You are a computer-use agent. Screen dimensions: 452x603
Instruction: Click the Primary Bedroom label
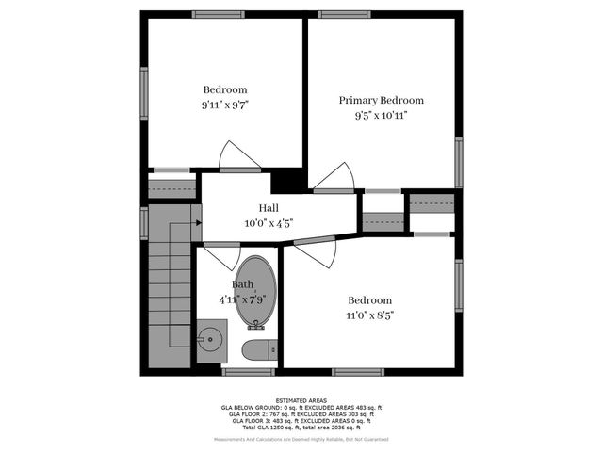(381, 100)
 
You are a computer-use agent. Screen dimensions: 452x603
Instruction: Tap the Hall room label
(269, 208)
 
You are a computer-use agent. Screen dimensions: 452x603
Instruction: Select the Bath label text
(242, 284)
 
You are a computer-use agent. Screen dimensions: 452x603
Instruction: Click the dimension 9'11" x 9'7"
(224, 106)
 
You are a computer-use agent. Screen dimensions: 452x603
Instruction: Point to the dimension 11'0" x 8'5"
(369, 315)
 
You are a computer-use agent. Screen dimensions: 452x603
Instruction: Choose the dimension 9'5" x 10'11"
(381, 116)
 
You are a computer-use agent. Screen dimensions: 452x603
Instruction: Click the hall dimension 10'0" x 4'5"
(269, 223)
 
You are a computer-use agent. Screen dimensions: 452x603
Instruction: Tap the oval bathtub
(257, 292)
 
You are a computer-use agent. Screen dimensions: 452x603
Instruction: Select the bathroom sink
(211, 335)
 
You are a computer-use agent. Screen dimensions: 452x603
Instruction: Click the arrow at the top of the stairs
(196, 223)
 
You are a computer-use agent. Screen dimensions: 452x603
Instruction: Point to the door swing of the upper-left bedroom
(238, 156)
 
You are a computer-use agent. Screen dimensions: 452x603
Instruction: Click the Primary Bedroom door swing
(336, 177)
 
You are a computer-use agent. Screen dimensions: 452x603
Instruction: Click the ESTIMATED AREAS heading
(301, 400)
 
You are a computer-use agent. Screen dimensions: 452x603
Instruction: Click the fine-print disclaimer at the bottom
(301, 439)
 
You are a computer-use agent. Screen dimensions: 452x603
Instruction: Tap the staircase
(170, 282)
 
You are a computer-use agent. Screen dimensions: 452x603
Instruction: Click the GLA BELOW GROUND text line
(301, 407)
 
